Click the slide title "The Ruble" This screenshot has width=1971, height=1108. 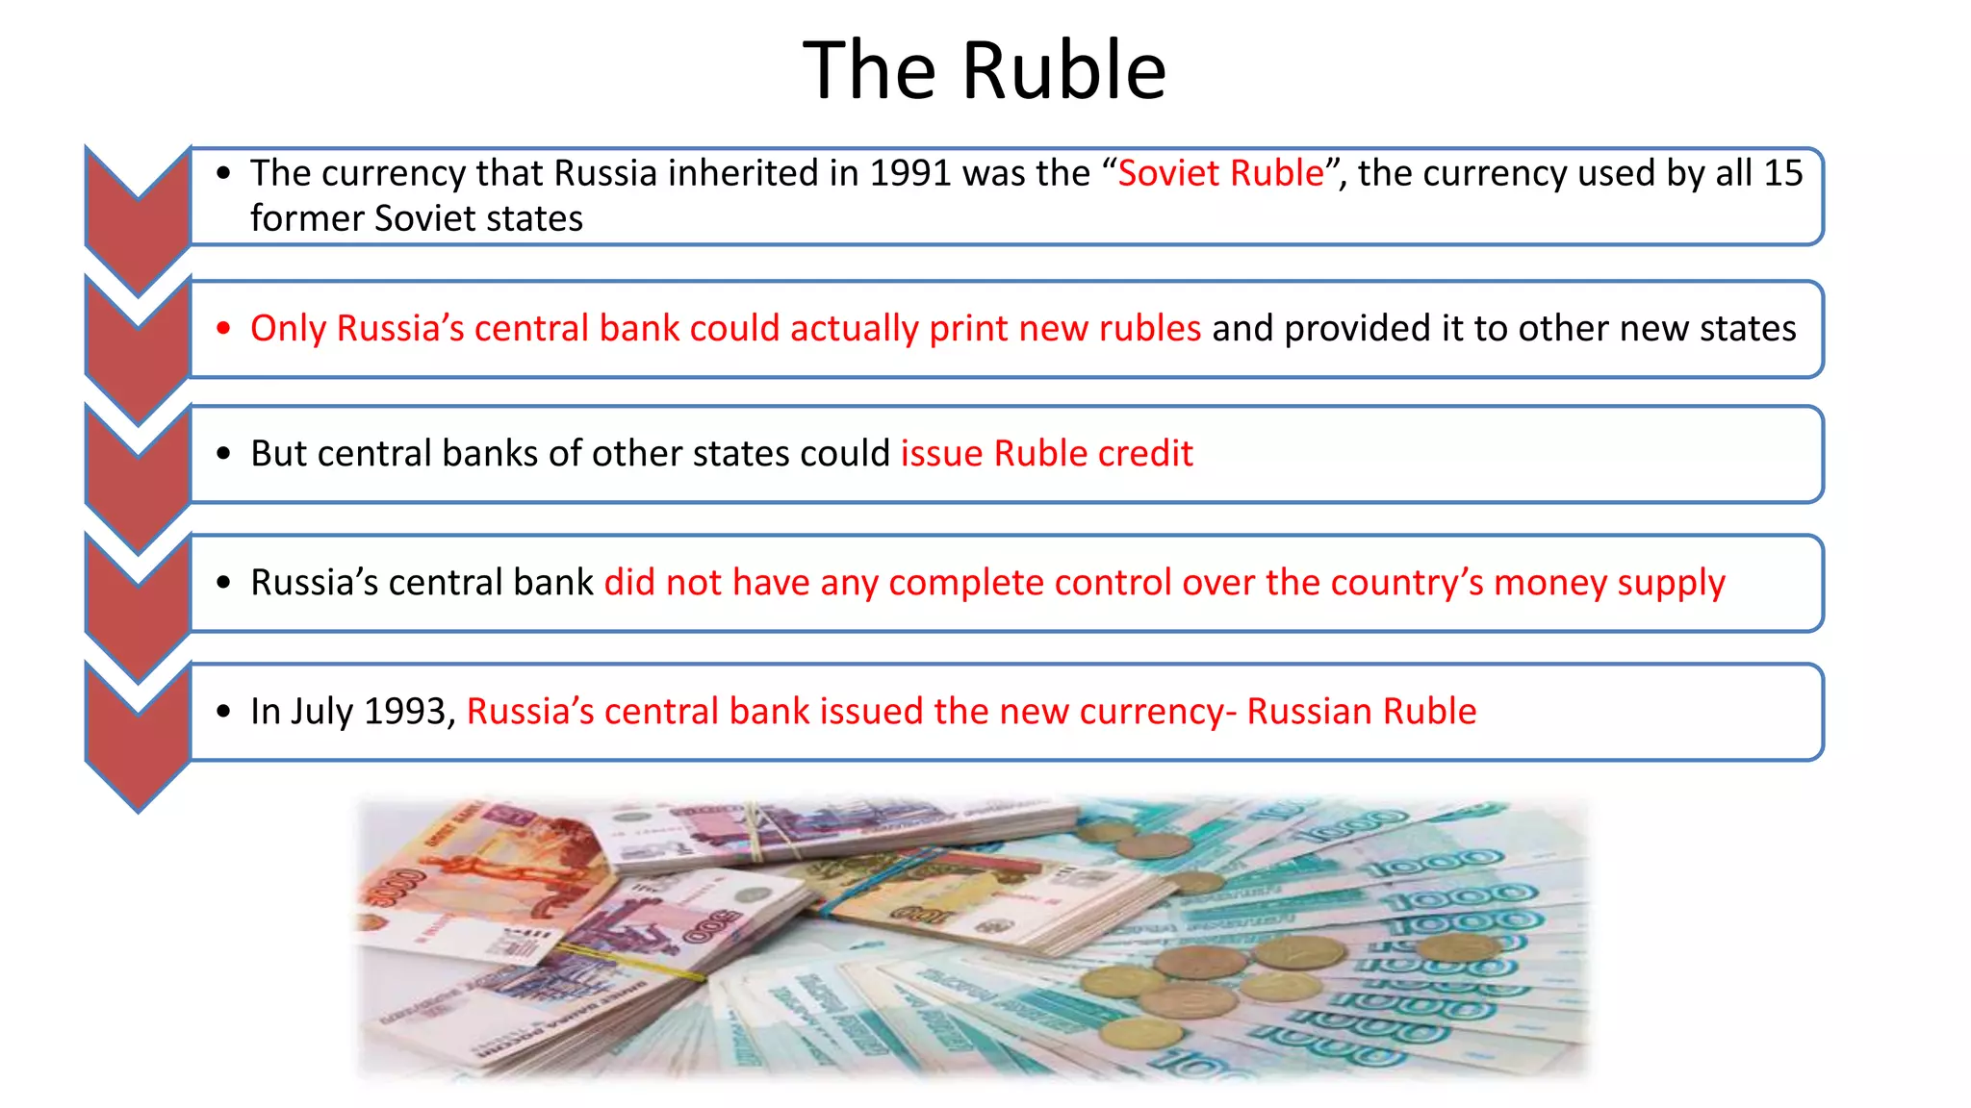(984, 70)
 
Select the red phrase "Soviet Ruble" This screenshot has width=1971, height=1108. (1220, 173)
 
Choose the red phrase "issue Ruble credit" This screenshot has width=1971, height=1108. (1046, 453)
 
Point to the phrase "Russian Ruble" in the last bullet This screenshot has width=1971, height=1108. (1361, 712)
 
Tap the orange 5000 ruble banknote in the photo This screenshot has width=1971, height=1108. (472, 875)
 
